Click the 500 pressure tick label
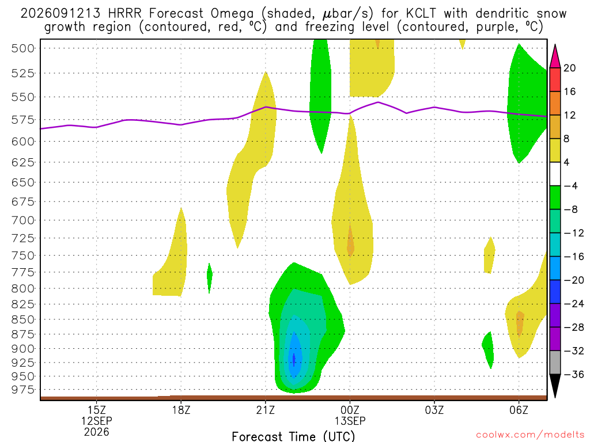click(x=23, y=48)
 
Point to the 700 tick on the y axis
click(x=23, y=220)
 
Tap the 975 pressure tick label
click(x=23, y=390)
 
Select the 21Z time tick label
click(x=266, y=410)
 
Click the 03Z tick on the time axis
click(x=434, y=410)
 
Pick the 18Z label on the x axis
click(x=181, y=410)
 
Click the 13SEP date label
click(x=350, y=421)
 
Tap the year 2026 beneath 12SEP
click(x=97, y=432)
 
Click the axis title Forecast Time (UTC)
click(x=293, y=436)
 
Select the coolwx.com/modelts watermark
click(x=530, y=435)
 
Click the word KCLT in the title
click(x=421, y=14)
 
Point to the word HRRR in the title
click(x=124, y=14)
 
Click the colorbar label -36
click(x=573, y=374)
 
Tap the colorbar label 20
click(x=570, y=68)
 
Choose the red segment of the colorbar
click(x=555, y=79)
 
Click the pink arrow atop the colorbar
click(x=555, y=56)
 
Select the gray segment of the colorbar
click(x=555, y=363)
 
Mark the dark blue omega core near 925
click(x=294, y=360)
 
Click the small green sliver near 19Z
click(x=210, y=277)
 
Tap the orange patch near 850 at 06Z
click(x=520, y=323)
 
